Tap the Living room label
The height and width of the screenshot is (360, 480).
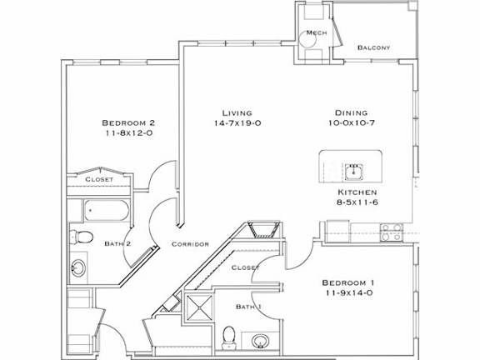pyautogui.click(x=237, y=113)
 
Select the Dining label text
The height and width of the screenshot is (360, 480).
pyautogui.click(x=350, y=113)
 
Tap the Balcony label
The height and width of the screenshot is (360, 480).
pyautogui.click(x=374, y=47)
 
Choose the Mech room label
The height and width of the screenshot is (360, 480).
pyautogui.click(x=315, y=32)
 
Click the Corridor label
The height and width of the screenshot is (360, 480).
pyautogui.click(x=188, y=244)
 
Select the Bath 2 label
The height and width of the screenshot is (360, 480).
pyautogui.click(x=117, y=244)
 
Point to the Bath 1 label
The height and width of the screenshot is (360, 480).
pyautogui.click(x=248, y=307)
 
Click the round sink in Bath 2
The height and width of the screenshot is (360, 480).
pyautogui.click(x=77, y=268)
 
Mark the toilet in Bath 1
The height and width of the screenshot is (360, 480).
pyautogui.click(x=228, y=336)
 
